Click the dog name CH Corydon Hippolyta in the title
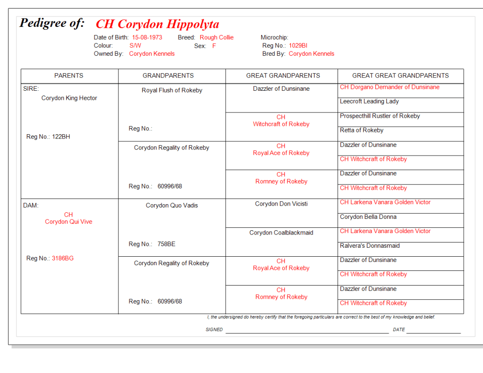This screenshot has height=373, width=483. tap(157, 24)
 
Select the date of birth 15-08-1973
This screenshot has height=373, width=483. tap(147, 37)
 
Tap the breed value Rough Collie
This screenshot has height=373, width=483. tap(216, 37)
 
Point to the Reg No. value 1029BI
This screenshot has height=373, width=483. tap(298, 46)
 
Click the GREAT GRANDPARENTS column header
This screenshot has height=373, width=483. tap(283, 76)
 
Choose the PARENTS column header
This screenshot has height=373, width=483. tap(69, 76)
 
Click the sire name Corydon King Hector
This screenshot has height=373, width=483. tap(69, 98)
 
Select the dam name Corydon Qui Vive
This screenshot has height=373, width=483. tap(68, 222)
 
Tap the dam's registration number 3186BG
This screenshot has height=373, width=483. tap(63, 259)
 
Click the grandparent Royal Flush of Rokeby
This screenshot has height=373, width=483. tap(172, 90)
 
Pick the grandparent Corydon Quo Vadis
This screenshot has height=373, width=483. tap(172, 206)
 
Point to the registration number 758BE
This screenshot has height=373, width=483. tap(166, 244)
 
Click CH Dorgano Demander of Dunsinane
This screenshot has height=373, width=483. tap(390, 87)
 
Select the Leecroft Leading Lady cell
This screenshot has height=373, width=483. tap(369, 101)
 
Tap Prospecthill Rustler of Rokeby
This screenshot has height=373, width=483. tap(380, 116)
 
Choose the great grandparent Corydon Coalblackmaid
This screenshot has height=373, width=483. tap(281, 233)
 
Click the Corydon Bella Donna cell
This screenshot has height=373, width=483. tap(368, 217)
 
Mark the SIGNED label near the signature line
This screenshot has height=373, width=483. tap(214, 330)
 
